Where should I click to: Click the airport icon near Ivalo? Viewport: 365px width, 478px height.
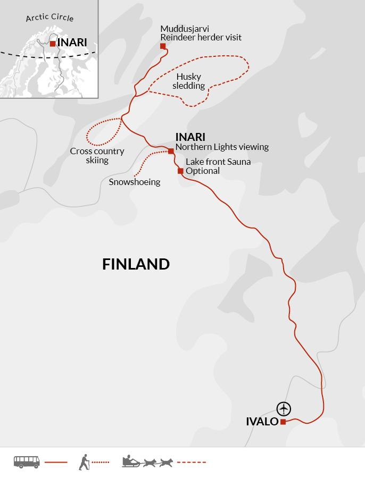[x=285, y=408]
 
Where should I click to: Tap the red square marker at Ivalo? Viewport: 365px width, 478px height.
[x=283, y=422]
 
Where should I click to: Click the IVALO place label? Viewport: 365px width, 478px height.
[x=262, y=422]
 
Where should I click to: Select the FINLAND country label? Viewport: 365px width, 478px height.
[x=136, y=264]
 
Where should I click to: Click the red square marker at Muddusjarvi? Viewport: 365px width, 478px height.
[x=163, y=46]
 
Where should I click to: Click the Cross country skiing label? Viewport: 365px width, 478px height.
[x=97, y=156]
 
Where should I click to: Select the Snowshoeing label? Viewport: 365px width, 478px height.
[x=134, y=182]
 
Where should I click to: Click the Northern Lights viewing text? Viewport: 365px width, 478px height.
[x=222, y=147]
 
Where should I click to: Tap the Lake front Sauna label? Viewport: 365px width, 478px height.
[x=218, y=162]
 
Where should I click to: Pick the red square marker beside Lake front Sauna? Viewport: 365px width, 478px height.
[x=180, y=171]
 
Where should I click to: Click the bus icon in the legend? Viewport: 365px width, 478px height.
[x=27, y=462]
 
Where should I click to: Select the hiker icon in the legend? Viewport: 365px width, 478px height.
[x=84, y=462]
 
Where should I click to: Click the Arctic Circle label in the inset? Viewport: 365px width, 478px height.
[x=49, y=18]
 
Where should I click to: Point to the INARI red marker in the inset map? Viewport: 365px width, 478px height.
[x=52, y=44]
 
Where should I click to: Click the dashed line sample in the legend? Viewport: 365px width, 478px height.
[x=191, y=462]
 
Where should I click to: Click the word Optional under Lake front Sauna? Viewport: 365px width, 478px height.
[x=203, y=171]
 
